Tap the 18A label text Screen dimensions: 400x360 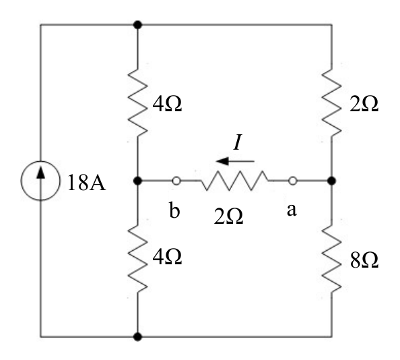click(x=86, y=183)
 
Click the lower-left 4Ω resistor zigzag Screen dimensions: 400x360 click(x=137, y=259)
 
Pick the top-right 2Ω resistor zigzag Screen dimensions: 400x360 click(x=331, y=102)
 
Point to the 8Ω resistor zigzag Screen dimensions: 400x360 click(x=331, y=259)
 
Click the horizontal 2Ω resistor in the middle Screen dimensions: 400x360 click(x=234, y=181)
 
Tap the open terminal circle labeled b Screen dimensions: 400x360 click(x=176, y=181)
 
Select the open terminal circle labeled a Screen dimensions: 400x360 click(x=293, y=181)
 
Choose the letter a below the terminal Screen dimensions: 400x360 click(x=292, y=210)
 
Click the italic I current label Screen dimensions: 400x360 click(x=237, y=142)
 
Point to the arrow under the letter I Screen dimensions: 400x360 click(x=235, y=161)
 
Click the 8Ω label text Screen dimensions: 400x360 click(x=364, y=260)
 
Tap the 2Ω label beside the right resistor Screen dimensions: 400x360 click(x=364, y=104)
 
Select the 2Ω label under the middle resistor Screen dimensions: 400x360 click(x=228, y=216)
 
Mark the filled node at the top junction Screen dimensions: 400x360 click(x=137, y=25)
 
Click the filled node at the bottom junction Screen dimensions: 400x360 click(x=137, y=337)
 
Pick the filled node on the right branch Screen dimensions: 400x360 click(x=331, y=181)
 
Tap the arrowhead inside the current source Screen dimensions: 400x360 click(x=40, y=172)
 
